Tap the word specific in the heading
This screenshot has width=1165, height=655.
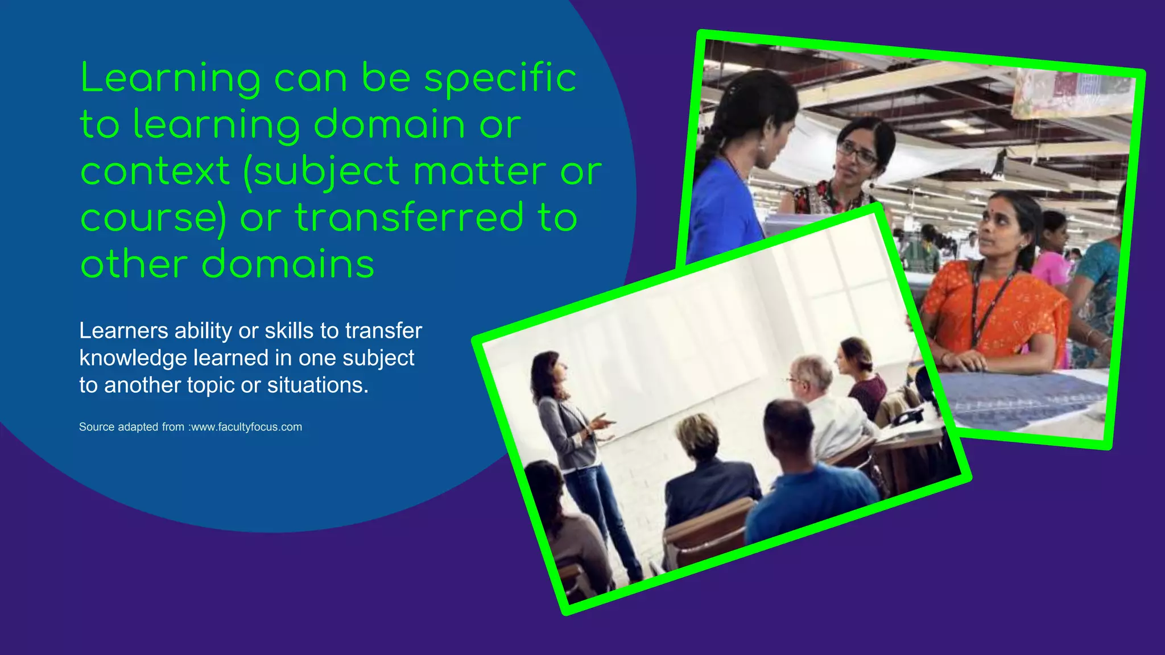tap(501, 78)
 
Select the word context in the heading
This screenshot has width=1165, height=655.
tap(155, 171)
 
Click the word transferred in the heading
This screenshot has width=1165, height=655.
tap(408, 218)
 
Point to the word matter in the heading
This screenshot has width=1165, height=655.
tap(480, 171)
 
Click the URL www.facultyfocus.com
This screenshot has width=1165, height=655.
tap(246, 427)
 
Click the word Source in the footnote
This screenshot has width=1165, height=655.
tap(97, 427)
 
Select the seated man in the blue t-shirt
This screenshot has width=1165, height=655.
tap(808, 483)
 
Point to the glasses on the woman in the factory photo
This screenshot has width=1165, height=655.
tap(856, 152)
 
